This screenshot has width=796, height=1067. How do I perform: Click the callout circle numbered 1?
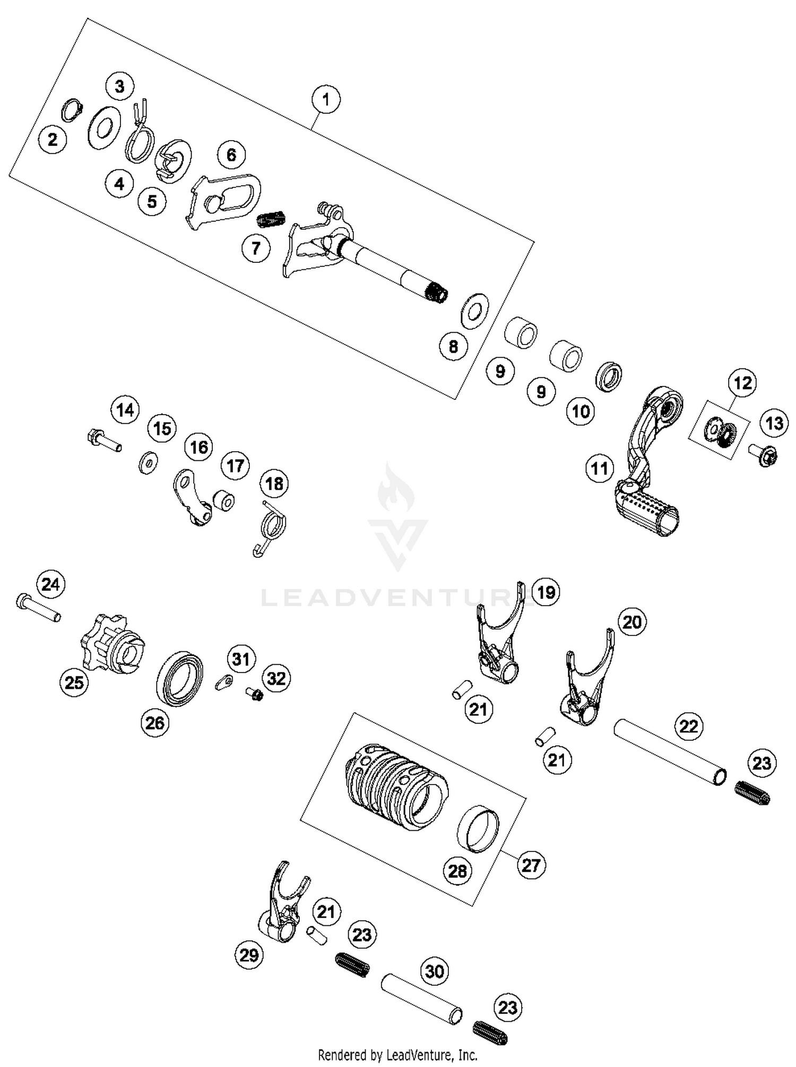point(326,99)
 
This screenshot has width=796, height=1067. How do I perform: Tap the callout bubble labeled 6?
point(231,155)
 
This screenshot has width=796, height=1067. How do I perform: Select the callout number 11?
point(600,469)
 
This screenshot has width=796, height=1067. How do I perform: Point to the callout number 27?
point(531,865)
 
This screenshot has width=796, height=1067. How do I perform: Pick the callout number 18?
point(274,484)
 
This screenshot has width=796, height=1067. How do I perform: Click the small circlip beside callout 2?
point(73,110)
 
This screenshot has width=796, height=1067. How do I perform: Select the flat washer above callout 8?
point(474,309)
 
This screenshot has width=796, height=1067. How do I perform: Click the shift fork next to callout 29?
point(284,909)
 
